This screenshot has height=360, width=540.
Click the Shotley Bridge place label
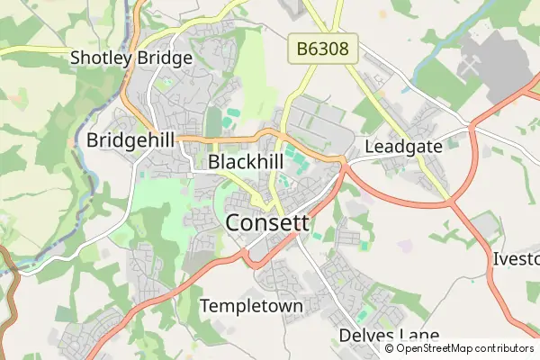131,59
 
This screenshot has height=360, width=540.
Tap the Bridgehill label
130,140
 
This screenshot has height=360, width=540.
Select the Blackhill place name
246,162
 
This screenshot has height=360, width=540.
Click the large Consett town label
267,222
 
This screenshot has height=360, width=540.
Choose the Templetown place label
251,306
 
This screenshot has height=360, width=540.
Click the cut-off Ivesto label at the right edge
517,259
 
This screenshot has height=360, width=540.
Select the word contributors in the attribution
504,348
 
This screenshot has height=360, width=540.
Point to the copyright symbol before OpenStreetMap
389,348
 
